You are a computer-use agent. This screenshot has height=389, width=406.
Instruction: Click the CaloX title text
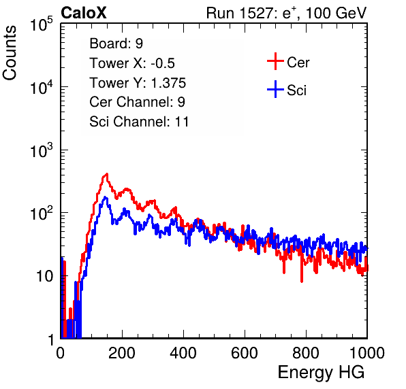(x=84, y=13)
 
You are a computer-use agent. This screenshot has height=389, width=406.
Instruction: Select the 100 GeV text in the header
(x=336, y=13)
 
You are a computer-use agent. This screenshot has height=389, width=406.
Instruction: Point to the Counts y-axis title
(x=10, y=53)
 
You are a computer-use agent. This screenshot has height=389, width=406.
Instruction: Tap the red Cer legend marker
(x=275, y=61)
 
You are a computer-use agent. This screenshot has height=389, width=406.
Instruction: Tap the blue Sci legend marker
(x=275, y=90)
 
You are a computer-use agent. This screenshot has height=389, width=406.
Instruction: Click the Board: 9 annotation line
(x=116, y=44)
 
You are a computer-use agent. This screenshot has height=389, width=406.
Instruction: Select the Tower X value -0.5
(x=163, y=63)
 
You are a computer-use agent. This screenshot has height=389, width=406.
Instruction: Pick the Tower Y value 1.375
(x=168, y=83)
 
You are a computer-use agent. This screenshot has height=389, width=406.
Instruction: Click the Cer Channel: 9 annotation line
(x=137, y=102)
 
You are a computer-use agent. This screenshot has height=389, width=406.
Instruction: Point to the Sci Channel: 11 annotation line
(x=139, y=122)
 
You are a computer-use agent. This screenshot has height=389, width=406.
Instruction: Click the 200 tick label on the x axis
(x=122, y=353)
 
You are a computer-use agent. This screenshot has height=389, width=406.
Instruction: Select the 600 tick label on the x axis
(x=245, y=353)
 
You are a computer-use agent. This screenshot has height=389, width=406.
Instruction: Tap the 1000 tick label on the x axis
(x=367, y=353)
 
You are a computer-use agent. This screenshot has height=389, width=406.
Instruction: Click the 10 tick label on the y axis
(x=44, y=276)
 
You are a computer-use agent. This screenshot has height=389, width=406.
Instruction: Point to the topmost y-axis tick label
(x=42, y=24)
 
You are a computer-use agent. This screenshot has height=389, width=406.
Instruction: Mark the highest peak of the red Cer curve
(x=107, y=174)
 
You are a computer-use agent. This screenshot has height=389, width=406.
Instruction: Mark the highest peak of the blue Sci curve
(x=105, y=197)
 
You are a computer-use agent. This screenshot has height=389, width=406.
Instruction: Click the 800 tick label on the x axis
(x=306, y=353)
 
